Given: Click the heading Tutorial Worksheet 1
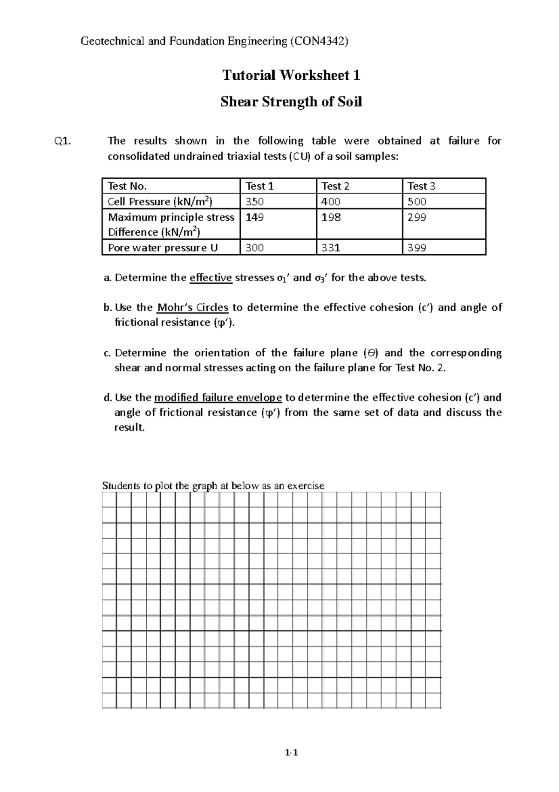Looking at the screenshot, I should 291,75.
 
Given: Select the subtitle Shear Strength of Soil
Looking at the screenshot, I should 291,102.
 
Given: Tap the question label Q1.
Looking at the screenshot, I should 63,141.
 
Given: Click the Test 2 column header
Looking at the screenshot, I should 335,186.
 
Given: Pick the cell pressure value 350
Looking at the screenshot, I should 254,201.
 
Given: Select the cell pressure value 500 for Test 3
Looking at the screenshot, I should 416,201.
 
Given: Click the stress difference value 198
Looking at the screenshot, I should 331,217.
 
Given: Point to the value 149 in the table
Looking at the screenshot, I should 254,217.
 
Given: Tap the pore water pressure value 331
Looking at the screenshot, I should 331,248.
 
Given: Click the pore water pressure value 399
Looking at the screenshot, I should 416,248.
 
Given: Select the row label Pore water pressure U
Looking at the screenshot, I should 163,248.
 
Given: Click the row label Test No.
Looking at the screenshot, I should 127,186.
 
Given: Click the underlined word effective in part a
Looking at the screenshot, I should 211,278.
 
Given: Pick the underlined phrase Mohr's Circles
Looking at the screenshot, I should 192,308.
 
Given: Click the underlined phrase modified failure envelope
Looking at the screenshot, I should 218,398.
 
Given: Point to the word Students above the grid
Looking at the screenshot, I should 121,486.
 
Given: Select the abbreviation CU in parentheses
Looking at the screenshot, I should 300,157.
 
